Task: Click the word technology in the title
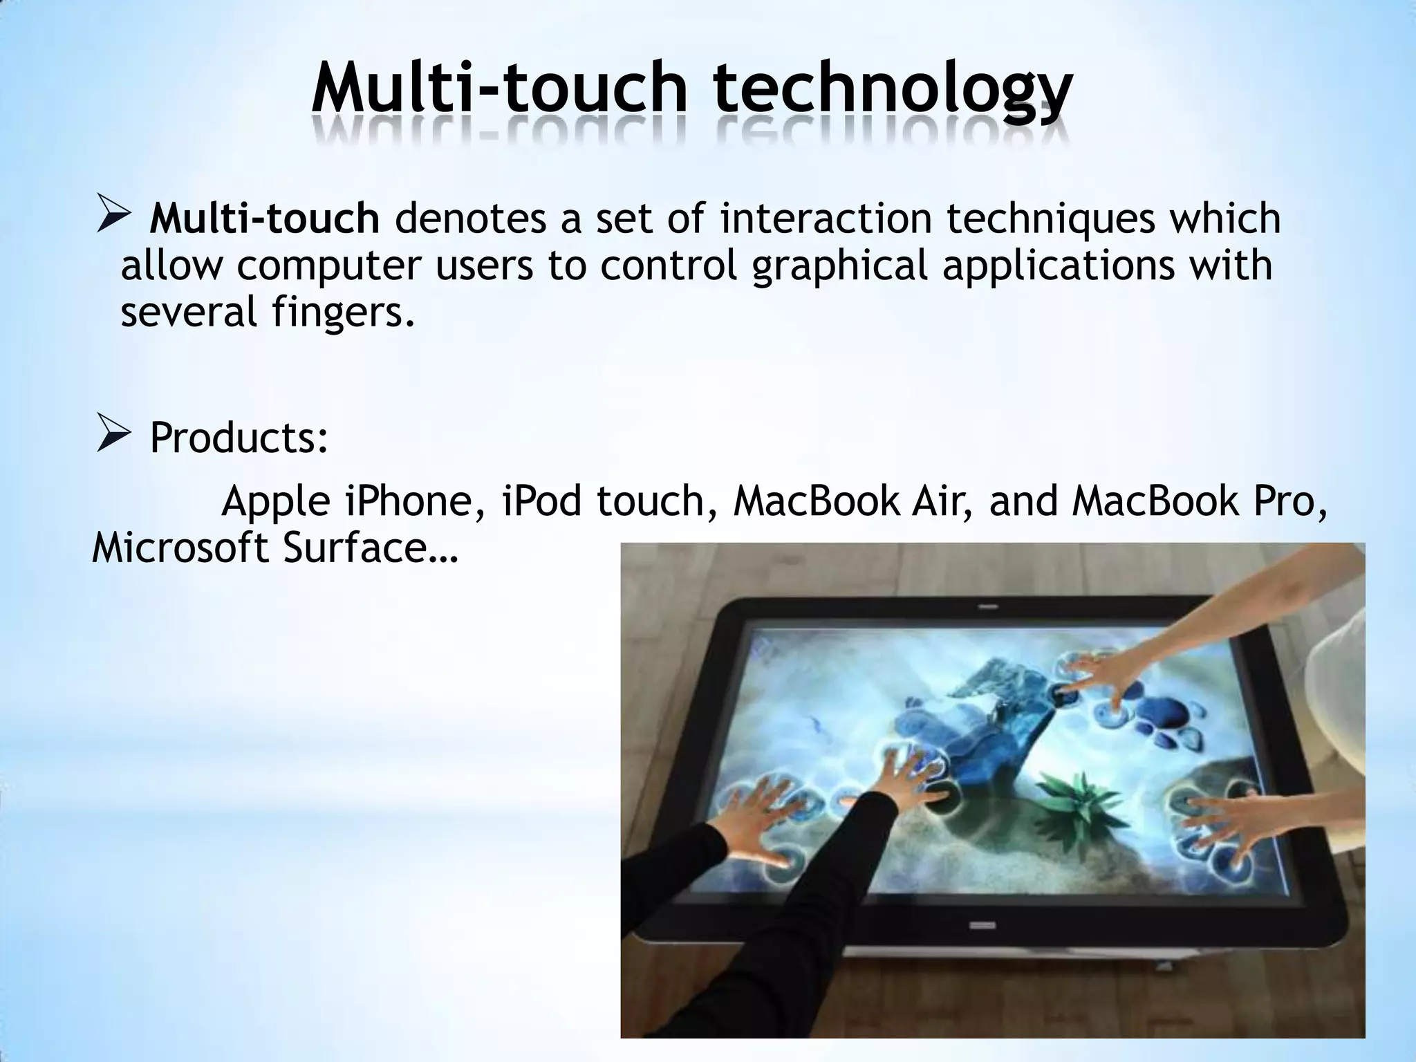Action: (892, 90)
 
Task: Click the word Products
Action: (239, 438)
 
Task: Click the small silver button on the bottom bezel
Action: (982, 924)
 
